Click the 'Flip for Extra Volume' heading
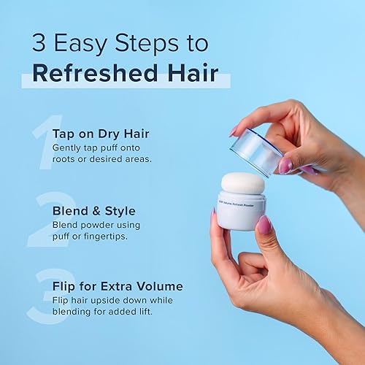coord(118,286)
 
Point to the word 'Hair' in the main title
coord(193,74)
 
